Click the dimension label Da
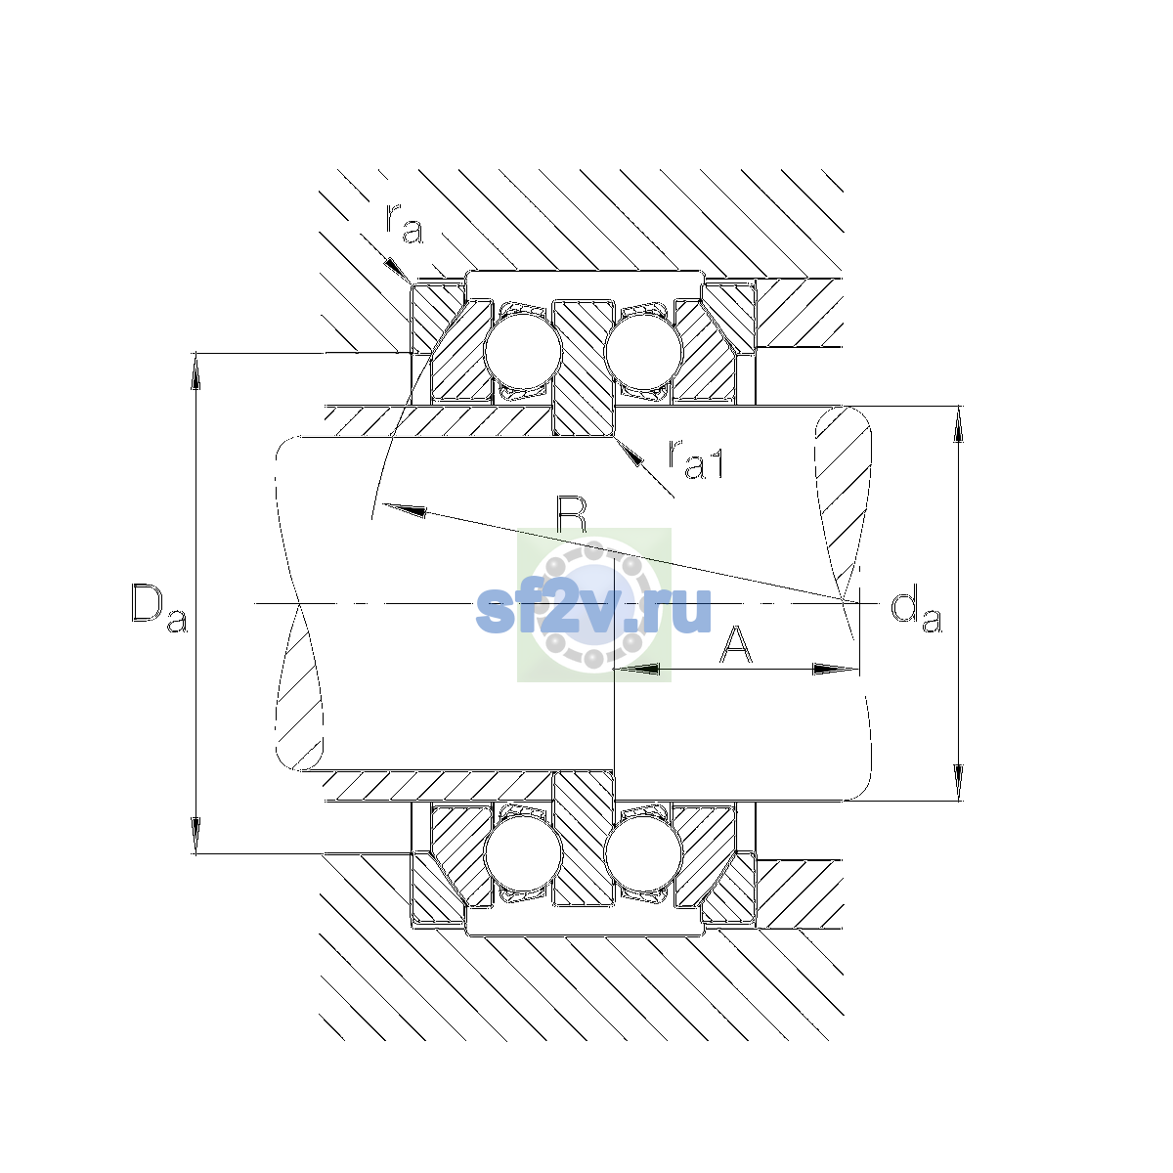(159, 609)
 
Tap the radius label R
(572, 514)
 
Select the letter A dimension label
(735, 644)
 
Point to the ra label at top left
(404, 224)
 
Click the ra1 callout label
(695, 458)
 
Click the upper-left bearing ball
(523, 350)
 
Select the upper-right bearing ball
(643, 350)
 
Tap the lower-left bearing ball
(523, 853)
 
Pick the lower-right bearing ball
(643, 853)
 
